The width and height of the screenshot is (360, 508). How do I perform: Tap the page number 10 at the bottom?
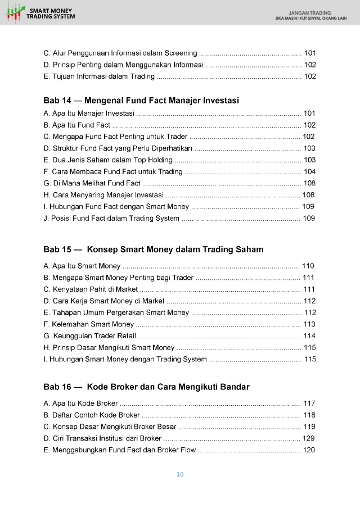(x=180, y=474)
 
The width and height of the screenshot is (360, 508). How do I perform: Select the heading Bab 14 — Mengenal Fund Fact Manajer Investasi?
(x=141, y=101)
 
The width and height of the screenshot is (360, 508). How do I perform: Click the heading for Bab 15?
(x=153, y=249)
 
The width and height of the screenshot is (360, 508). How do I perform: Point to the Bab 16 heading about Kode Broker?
(x=146, y=387)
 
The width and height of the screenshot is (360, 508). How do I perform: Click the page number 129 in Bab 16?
(x=309, y=438)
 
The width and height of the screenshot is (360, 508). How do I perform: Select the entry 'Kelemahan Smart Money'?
(x=88, y=324)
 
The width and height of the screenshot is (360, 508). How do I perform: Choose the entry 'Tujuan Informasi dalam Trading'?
(x=98, y=76)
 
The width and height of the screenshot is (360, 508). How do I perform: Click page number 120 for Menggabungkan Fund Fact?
(x=309, y=450)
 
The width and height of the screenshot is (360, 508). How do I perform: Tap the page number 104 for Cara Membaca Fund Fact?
(x=309, y=171)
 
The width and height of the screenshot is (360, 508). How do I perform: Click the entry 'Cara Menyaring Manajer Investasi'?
(x=103, y=195)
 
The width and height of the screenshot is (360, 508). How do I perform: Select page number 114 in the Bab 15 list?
(x=309, y=335)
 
